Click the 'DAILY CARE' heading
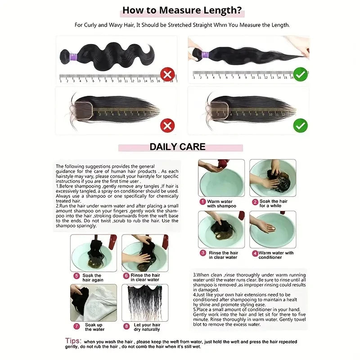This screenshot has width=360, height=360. click(177, 147)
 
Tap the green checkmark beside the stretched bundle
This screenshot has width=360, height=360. click(300, 74)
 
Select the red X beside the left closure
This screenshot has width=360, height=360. click(167, 125)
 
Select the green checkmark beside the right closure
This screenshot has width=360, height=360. click(300, 125)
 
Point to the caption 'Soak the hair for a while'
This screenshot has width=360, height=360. click(273, 203)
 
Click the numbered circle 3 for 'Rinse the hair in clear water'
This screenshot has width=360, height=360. click(203, 253)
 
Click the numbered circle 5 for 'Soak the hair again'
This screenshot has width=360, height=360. click(76, 275)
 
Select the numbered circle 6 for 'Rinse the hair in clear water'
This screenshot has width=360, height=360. click(126, 275)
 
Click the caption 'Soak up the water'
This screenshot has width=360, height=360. click(94, 327)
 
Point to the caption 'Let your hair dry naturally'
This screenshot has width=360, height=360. click(147, 327)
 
